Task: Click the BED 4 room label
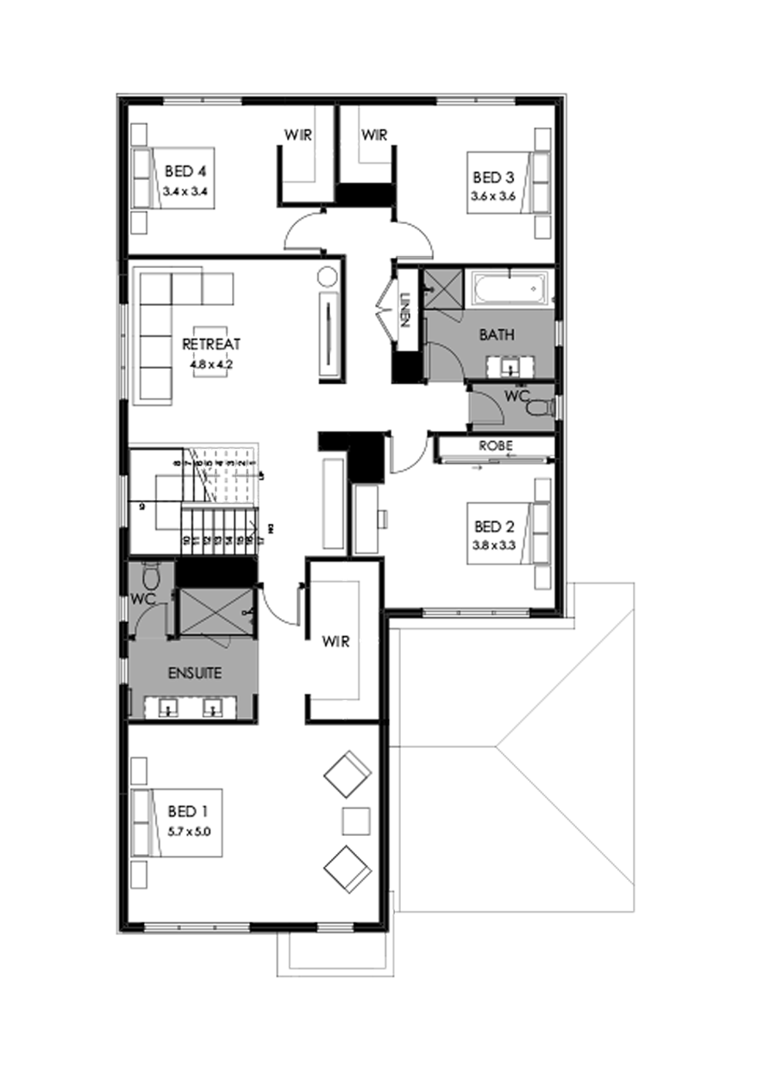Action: [x=182, y=172]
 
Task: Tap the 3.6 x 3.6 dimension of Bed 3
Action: [x=492, y=196]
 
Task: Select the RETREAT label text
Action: [x=211, y=345]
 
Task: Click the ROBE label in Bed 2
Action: [x=496, y=446]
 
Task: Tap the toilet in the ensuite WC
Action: [x=153, y=574]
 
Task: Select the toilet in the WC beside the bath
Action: [x=541, y=405]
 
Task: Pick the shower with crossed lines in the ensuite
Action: [x=216, y=612]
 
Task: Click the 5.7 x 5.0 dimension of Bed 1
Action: [x=189, y=832]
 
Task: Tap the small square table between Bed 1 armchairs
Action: [x=355, y=820]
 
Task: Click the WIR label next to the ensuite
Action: [x=335, y=642]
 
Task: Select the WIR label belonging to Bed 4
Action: [x=297, y=135]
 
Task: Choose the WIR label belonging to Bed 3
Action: [x=374, y=135]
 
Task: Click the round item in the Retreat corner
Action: [x=328, y=278]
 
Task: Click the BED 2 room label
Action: [x=492, y=526]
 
